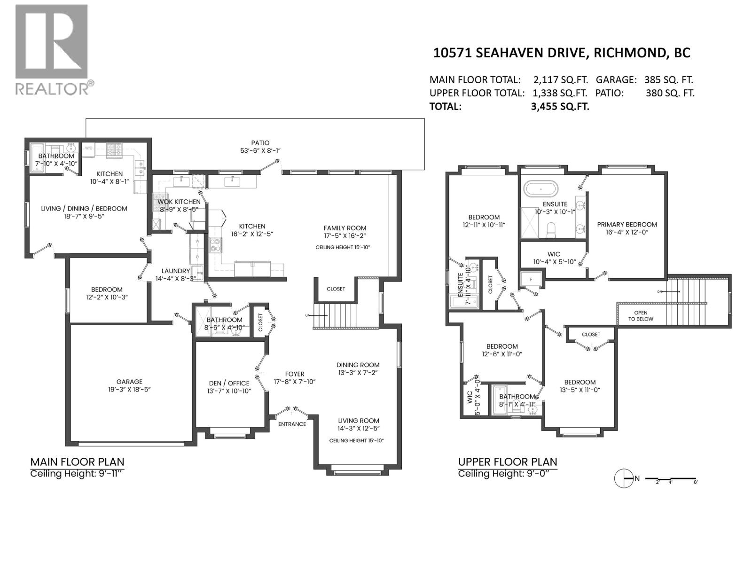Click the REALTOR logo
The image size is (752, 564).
click(55, 50)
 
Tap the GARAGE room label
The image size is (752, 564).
click(129, 382)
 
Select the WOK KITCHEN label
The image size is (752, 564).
click(179, 202)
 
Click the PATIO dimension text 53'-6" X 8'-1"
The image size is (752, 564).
click(260, 151)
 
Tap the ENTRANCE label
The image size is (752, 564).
click(292, 424)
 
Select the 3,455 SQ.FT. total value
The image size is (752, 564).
click(560, 107)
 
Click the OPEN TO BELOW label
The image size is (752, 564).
click(641, 316)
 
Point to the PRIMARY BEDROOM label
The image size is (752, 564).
click(627, 225)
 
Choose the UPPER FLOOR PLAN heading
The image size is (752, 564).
click(508, 462)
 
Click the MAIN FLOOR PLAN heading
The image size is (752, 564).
click(78, 462)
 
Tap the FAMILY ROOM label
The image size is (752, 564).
click(345, 228)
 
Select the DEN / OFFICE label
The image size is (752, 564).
click(229, 383)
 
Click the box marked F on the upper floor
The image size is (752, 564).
click(531, 280)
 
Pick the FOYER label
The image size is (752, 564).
click(295, 374)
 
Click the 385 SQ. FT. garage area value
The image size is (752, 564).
click(668, 80)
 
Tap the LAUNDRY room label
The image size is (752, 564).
click(176, 271)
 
